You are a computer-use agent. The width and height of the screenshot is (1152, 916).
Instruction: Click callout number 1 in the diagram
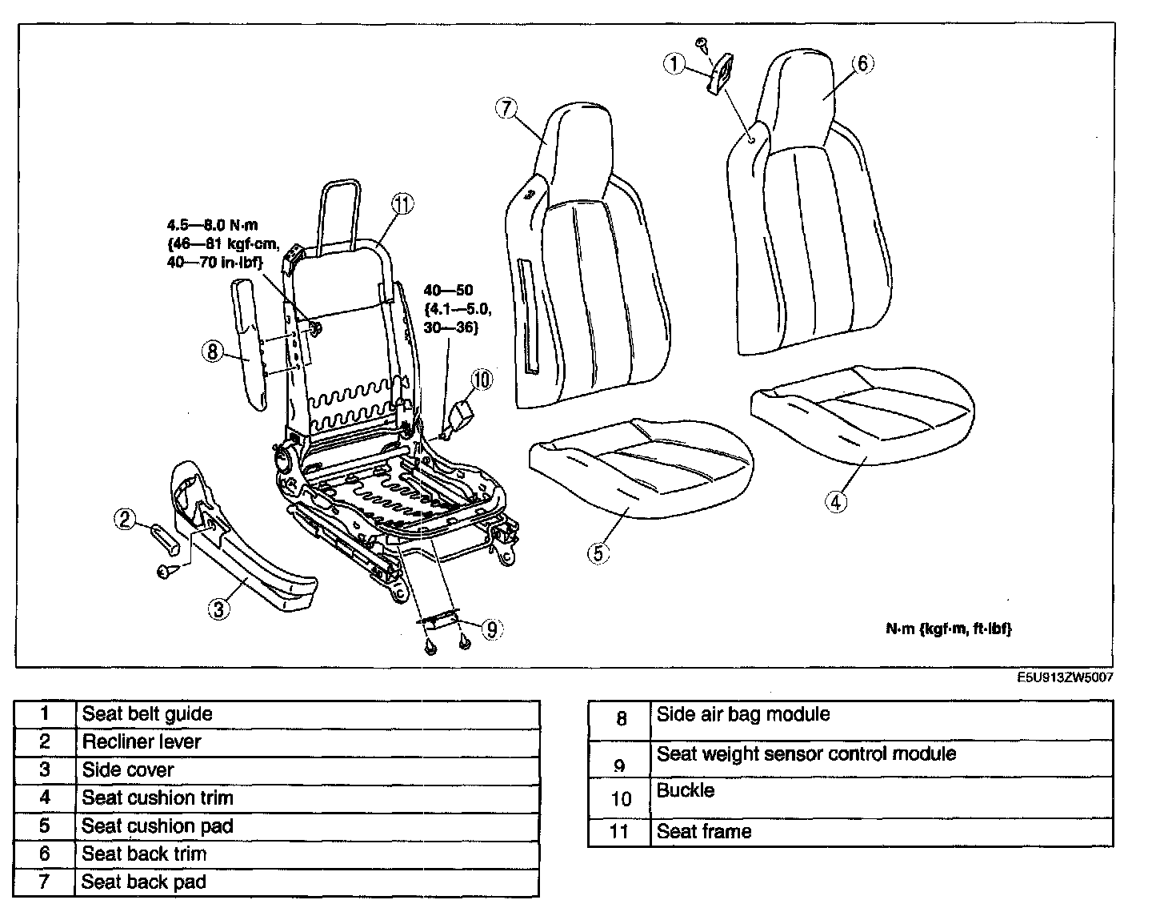(675, 64)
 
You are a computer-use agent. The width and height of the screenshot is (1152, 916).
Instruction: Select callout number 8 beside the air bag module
(212, 352)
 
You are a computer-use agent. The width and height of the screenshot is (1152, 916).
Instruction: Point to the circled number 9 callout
(490, 630)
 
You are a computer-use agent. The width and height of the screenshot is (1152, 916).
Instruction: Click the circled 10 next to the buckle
(482, 380)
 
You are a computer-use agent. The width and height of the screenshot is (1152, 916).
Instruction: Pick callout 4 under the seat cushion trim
(835, 502)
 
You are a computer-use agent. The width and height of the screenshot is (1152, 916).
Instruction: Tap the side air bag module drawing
(248, 340)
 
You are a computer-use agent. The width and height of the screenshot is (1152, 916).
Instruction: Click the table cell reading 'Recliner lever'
(142, 741)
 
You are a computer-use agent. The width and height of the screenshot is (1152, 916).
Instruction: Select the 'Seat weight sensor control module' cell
(806, 754)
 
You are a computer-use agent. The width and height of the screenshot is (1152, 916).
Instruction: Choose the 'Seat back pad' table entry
(144, 882)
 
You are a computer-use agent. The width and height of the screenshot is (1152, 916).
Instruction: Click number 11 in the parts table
(619, 831)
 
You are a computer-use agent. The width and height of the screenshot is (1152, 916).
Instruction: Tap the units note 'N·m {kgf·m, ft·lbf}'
(948, 629)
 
